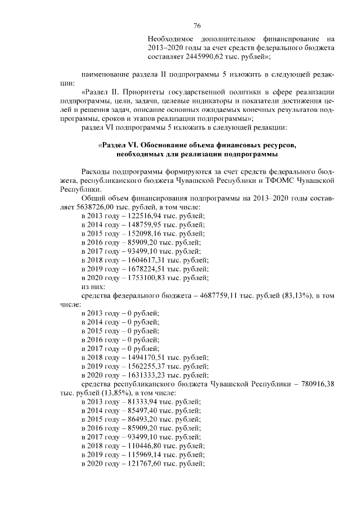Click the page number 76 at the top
pyautogui.click(x=197, y=26)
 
